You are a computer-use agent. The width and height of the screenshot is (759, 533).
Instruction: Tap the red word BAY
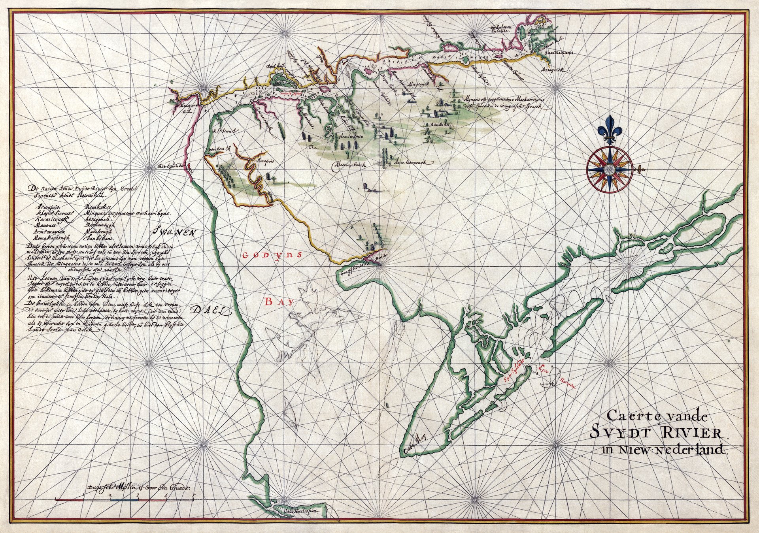point(280,302)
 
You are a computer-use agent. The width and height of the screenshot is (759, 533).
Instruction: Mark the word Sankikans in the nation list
point(99,239)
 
